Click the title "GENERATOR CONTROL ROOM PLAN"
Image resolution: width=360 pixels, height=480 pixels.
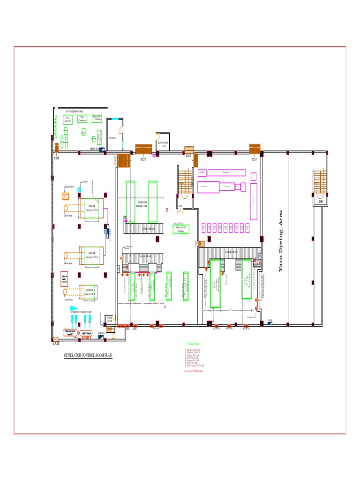tap(88, 356)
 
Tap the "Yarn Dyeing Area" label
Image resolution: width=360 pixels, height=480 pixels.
tap(281, 240)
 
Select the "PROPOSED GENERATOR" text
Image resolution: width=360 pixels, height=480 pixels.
tap(142, 204)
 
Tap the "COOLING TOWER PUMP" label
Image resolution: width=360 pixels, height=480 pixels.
tap(81, 312)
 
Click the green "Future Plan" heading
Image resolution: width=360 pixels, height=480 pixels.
tap(193, 344)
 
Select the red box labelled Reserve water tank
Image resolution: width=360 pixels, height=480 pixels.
tap(65, 277)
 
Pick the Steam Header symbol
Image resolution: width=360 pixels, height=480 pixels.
tap(87, 334)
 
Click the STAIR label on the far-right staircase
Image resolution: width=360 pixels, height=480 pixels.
tap(321, 202)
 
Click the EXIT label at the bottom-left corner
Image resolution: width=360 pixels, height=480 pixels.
tap(56, 344)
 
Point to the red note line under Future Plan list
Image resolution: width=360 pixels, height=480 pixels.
tap(196, 371)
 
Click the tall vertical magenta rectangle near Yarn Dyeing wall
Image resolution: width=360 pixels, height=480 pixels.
tap(254, 202)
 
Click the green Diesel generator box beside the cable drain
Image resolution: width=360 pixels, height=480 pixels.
tap(180, 229)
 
